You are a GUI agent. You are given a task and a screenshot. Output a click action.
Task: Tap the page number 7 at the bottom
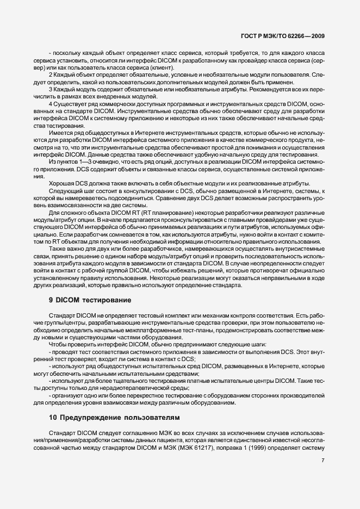pos(323,461)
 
